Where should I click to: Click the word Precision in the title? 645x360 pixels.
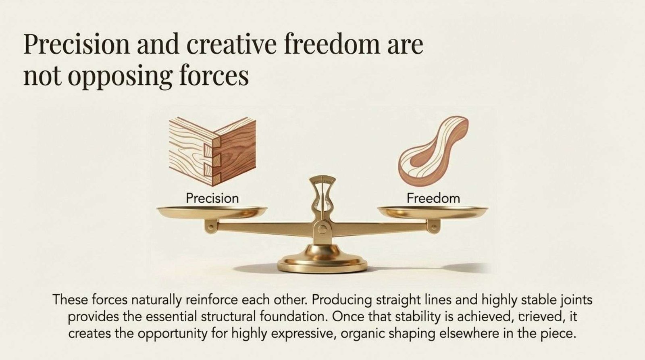pyautogui.click(x=77, y=45)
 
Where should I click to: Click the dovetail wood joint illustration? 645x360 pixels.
pyautogui.click(x=212, y=151)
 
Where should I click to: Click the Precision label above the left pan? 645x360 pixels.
pyautogui.click(x=212, y=198)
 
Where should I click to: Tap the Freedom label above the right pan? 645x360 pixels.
pyautogui.click(x=433, y=198)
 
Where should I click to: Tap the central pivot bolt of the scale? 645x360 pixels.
pyautogui.click(x=322, y=229)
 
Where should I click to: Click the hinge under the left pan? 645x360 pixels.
pyautogui.click(x=211, y=227)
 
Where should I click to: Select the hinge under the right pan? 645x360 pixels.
pyautogui.click(x=433, y=227)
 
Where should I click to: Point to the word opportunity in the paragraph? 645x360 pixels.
pyautogui.click(x=172, y=334)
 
